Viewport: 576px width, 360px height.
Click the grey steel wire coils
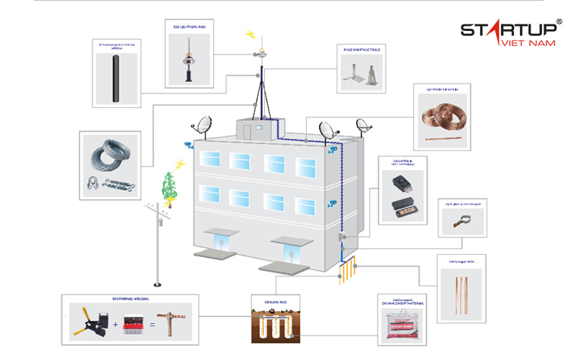109,157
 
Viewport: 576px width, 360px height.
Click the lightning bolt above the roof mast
251,34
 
